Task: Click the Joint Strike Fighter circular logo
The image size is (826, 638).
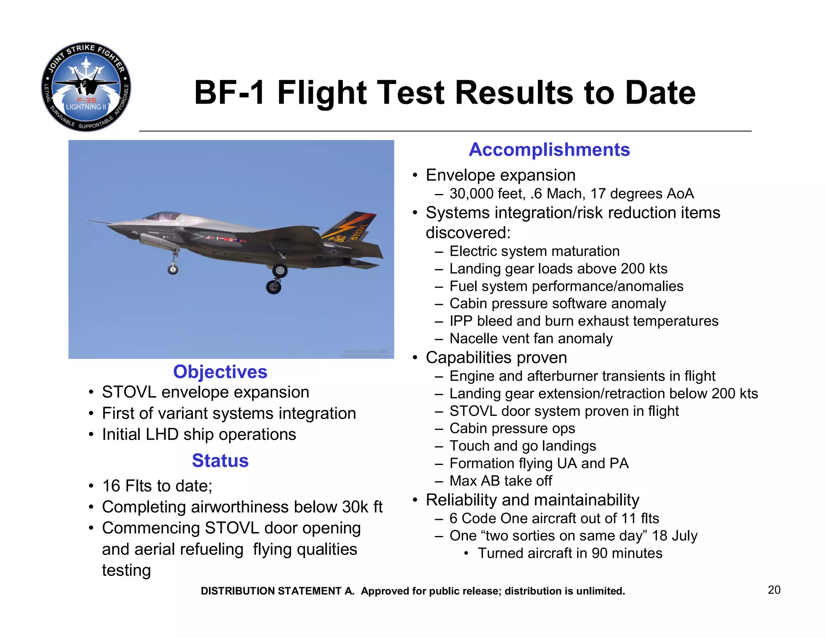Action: click(86, 87)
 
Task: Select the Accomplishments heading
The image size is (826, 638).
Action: click(549, 150)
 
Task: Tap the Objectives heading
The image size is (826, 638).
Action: click(220, 372)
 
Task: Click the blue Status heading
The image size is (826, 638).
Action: click(220, 461)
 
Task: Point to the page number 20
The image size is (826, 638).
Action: click(774, 590)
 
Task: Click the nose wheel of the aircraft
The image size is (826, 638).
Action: click(173, 269)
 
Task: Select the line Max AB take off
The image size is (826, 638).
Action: click(501, 481)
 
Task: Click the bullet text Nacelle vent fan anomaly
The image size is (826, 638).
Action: click(531, 338)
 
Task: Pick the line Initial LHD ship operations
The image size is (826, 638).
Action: click(199, 434)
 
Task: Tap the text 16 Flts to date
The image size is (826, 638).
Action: click(156, 486)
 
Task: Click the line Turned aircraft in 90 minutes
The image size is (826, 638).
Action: click(569, 553)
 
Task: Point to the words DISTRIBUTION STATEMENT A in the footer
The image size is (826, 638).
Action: click(277, 591)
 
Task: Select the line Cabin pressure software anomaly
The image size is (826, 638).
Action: click(557, 303)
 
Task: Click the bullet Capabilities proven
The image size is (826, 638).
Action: click(496, 357)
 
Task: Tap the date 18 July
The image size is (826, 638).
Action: click(674, 536)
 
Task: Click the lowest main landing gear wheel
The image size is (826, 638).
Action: click(274, 287)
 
